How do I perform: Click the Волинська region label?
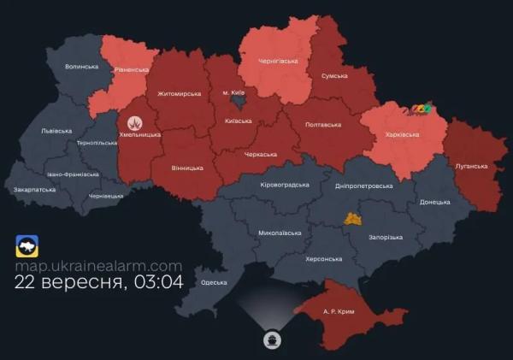pyautogui.click(x=82, y=67)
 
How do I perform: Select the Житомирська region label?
pyautogui.click(x=177, y=94)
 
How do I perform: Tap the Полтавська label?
pyautogui.click(x=322, y=125)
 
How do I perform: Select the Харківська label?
pyautogui.click(x=398, y=134)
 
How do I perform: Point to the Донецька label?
pyautogui.click(x=434, y=203)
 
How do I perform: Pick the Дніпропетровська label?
pyautogui.click(x=364, y=186)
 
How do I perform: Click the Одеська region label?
pyautogui.click(x=214, y=282)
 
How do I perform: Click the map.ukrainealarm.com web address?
pyautogui.click(x=98, y=266)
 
